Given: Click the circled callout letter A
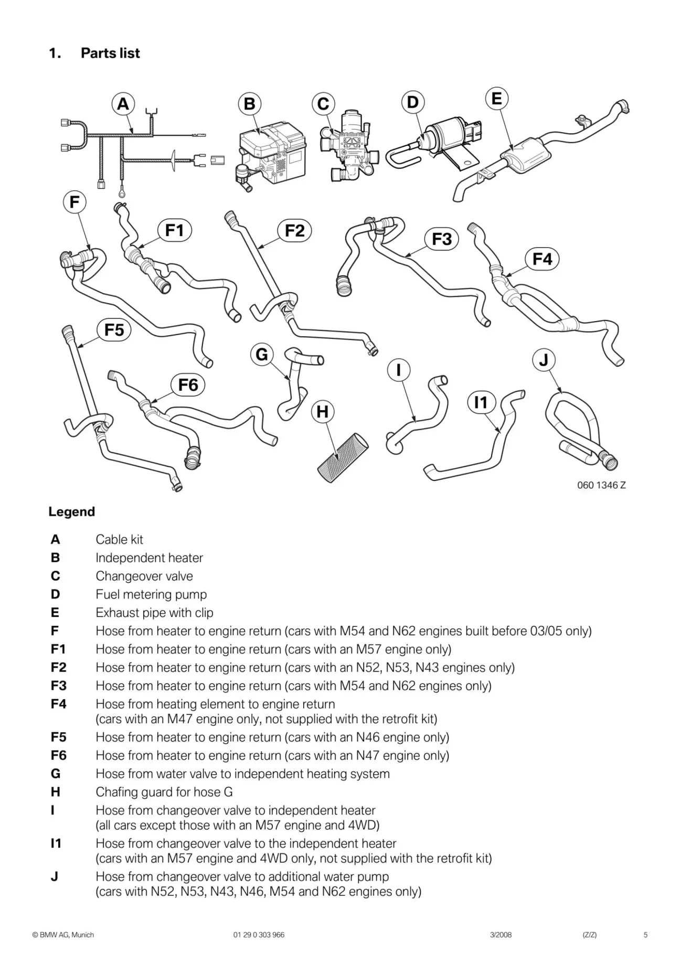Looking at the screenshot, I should pyautogui.click(x=123, y=104).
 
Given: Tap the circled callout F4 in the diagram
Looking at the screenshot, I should pyautogui.click(x=542, y=259).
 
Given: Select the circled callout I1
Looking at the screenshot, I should pyautogui.click(x=481, y=402).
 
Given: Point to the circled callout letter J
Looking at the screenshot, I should pyautogui.click(x=544, y=360).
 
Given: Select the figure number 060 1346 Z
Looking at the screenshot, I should pyautogui.click(x=601, y=485).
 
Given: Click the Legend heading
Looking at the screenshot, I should pyautogui.click(x=72, y=511).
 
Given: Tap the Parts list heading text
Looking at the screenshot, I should pyautogui.click(x=110, y=53).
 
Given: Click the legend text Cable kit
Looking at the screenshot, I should pyautogui.click(x=119, y=539).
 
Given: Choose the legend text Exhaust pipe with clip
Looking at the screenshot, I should pyautogui.click(x=154, y=612).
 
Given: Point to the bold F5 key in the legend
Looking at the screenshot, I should pyautogui.click(x=59, y=737).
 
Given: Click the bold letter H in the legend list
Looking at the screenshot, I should pyautogui.click(x=56, y=792).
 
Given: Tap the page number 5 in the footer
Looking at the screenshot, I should pyautogui.click(x=645, y=934).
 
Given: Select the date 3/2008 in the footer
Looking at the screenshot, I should pyautogui.click(x=501, y=934).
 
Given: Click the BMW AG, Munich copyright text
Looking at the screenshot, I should pyautogui.click(x=63, y=934).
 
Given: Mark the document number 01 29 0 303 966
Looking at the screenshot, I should pyautogui.click(x=259, y=934).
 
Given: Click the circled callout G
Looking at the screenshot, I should pyautogui.click(x=262, y=355).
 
